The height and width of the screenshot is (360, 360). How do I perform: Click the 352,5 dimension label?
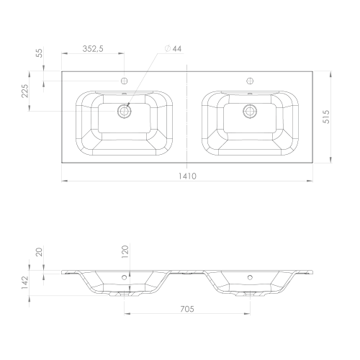pyautogui.click(x=93, y=49)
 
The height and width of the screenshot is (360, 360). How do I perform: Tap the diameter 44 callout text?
pyautogui.click(x=174, y=49)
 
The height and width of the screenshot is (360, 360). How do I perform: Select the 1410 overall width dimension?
pyautogui.click(x=187, y=176)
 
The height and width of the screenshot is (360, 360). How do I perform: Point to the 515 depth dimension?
pyautogui.click(x=326, y=117)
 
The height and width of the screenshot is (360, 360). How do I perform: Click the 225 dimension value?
pyautogui.click(x=25, y=91)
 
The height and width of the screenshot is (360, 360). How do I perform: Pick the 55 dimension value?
pyautogui.click(x=39, y=53)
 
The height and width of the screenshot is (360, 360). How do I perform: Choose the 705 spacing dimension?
pyautogui.click(x=187, y=309)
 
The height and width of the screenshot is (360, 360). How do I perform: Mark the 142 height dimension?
pyautogui.click(x=25, y=282)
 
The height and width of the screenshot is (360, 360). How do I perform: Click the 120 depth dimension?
pyautogui.click(x=125, y=251)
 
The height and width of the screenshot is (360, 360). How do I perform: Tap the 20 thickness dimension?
pyautogui.click(x=39, y=252)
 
